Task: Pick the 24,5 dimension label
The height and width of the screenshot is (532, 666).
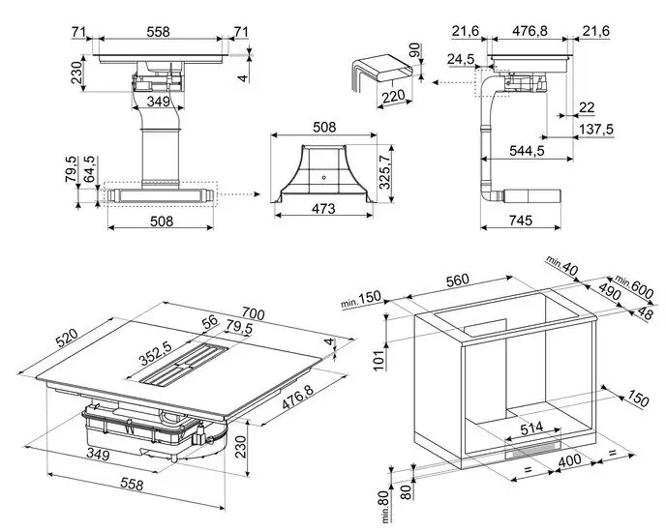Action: (x=459, y=60)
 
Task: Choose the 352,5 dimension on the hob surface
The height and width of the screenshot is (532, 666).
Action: (x=154, y=350)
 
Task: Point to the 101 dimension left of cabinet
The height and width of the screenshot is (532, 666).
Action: (x=379, y=360)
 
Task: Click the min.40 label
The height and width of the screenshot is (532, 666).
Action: (x=562, y=264)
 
